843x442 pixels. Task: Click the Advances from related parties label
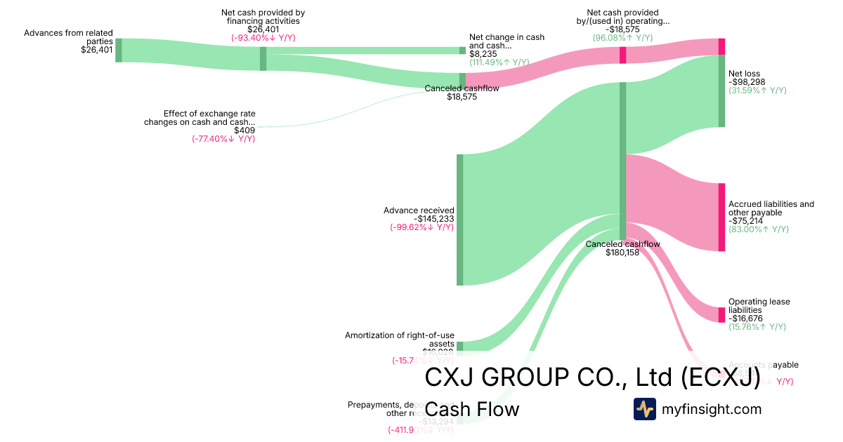pyautogui.click(x=68, y=37)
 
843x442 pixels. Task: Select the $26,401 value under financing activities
pyautogui.click(x=263, y=29)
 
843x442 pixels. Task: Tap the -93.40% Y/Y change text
pyautogui.click(x=263, y=39)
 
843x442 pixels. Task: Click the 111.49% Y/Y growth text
pyautogui.click(x=499, y=62)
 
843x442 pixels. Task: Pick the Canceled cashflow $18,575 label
pyautogui.click(x=462, y=93)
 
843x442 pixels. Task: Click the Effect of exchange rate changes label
pyautogui.click(x=200, y=117)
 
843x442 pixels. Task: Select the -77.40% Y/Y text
pyautogui.click(x=223, y=139)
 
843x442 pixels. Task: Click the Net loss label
pyautogui.click(x=744, y=73)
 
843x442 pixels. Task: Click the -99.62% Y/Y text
pyautogui.click(x=421, y=227)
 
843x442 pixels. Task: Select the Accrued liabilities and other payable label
pyautogui.click(x=771, y=208)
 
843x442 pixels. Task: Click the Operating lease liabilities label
pyautogui.click(x=759, y=306)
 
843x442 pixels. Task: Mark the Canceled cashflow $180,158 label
pyautogui.click(x=622, y=248)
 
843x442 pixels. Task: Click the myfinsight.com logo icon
pyautogui.click(x=644, y=409)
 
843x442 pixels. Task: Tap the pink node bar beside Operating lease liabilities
pyautogui.click(x=721, y=314)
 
